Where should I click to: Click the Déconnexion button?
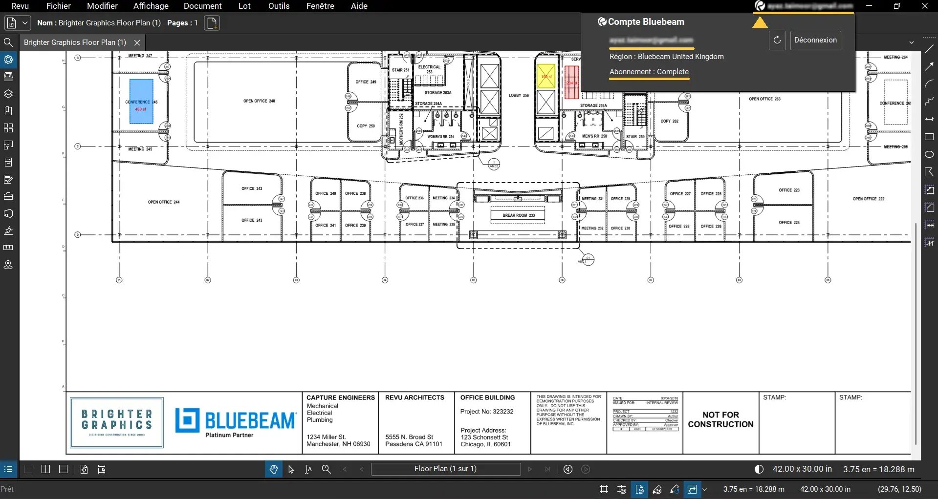[815, 40]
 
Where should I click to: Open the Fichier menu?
[59, 6]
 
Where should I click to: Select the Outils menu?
[279, 6]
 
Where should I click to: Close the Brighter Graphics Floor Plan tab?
[137, 42]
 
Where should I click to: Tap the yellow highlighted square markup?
[545, 77]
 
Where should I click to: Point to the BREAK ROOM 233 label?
[518, 215]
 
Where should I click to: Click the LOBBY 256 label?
[519, 95]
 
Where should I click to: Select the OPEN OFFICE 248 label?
[259, 101]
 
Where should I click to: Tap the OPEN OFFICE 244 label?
[164, 202]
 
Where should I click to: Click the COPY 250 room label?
[366, 126]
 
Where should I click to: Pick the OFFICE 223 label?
[789, 190]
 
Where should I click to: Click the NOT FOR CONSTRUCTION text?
[720, 419]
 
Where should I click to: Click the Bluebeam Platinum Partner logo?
[236, 422]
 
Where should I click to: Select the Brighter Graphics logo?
[117, 422]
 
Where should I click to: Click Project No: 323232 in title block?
[486, 412]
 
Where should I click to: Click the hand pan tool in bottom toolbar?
[273, 469]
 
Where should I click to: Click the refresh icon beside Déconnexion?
[777, 40]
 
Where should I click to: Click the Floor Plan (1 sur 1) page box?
[445, 469]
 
